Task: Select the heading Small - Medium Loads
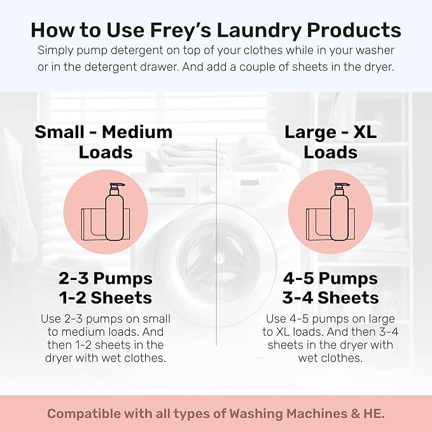pos(104,142)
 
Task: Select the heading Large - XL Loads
pos(329,142)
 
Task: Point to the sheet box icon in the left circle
pos(93,223)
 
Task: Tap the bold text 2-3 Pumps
pos(105,279)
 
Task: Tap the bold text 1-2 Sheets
pos(105,298)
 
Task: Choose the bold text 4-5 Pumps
pos(330,279)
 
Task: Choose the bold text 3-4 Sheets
pos(330,298)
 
